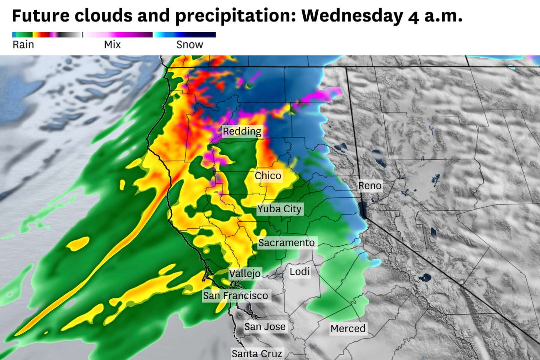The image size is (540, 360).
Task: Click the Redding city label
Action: point(242,131)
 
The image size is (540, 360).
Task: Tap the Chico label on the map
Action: point(268,175)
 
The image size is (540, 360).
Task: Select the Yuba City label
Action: point(279,209)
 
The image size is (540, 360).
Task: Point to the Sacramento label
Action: point(286,243)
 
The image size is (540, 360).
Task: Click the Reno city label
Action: point(370,186)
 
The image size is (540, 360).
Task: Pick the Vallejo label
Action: point(245,273)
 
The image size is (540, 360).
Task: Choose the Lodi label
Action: point(300,271)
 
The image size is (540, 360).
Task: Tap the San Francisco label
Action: point(235,295)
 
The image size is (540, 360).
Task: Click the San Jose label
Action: point(265,327)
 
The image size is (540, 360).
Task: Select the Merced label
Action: point(348,328)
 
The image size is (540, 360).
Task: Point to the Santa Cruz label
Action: point(256,353)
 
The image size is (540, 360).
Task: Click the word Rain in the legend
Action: point(23,45)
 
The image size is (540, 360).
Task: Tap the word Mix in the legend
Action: point(112,45)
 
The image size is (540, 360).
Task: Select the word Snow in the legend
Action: point(190,45)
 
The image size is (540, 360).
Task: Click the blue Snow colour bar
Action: point(184,35)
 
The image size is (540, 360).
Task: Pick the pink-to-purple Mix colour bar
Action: point(118,35)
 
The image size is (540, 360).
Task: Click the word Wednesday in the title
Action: point(352,16)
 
